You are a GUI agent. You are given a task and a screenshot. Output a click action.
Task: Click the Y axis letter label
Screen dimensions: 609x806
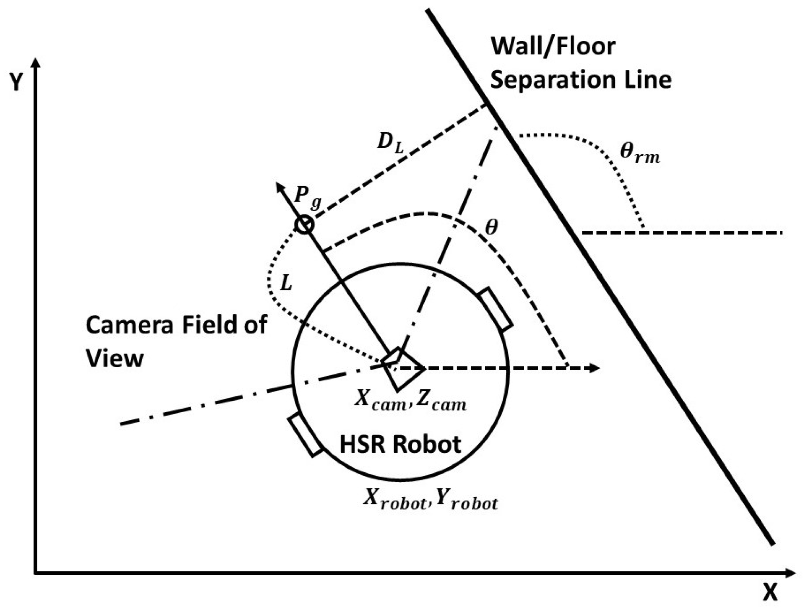click(15, 83)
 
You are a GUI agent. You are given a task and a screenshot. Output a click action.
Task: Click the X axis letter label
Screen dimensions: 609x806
click(770, 593)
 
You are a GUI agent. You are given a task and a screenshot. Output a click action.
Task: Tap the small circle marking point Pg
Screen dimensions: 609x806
click(304, 224)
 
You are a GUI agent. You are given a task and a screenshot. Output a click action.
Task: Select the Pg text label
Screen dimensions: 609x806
click(307, 197)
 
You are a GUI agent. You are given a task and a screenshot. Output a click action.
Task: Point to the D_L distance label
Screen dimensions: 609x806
click(390, 142)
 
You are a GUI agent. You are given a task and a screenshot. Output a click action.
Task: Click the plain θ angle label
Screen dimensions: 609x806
click(491, 227)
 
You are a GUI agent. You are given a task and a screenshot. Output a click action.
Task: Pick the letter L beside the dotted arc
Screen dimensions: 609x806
click(286, 283)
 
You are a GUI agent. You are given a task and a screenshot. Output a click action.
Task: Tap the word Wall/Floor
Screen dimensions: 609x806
click(553, 47)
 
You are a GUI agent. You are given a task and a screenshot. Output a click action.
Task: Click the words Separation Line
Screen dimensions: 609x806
click(580, 80)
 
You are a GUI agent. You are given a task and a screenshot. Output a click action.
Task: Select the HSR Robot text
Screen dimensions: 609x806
click(400, 444)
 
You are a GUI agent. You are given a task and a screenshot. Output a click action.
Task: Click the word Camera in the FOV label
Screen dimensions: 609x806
click(130, 325)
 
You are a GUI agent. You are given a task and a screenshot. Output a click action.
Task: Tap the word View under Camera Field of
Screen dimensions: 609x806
click(114, 358)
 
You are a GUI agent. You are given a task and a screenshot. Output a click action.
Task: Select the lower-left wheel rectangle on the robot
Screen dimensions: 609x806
click(305, 434)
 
